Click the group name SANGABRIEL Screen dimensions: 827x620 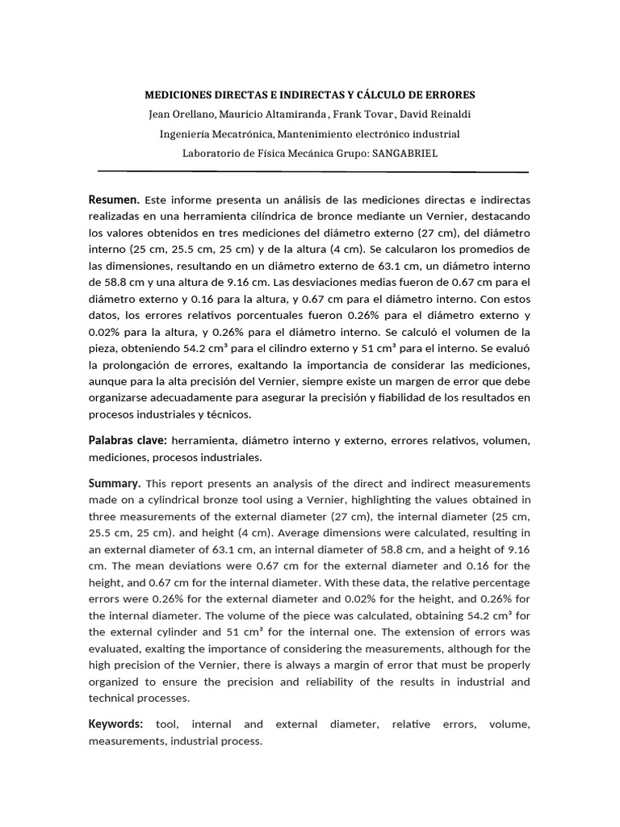tap(404, 153)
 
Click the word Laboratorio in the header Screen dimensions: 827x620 tap(212, 153)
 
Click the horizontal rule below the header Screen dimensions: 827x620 tap(312, 171)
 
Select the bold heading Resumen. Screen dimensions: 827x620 tap(114, 199)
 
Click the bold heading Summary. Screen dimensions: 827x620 tap(115, 483)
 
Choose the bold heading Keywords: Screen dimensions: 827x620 tap(116, 724)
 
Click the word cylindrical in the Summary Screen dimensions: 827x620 tap(160, 500)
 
